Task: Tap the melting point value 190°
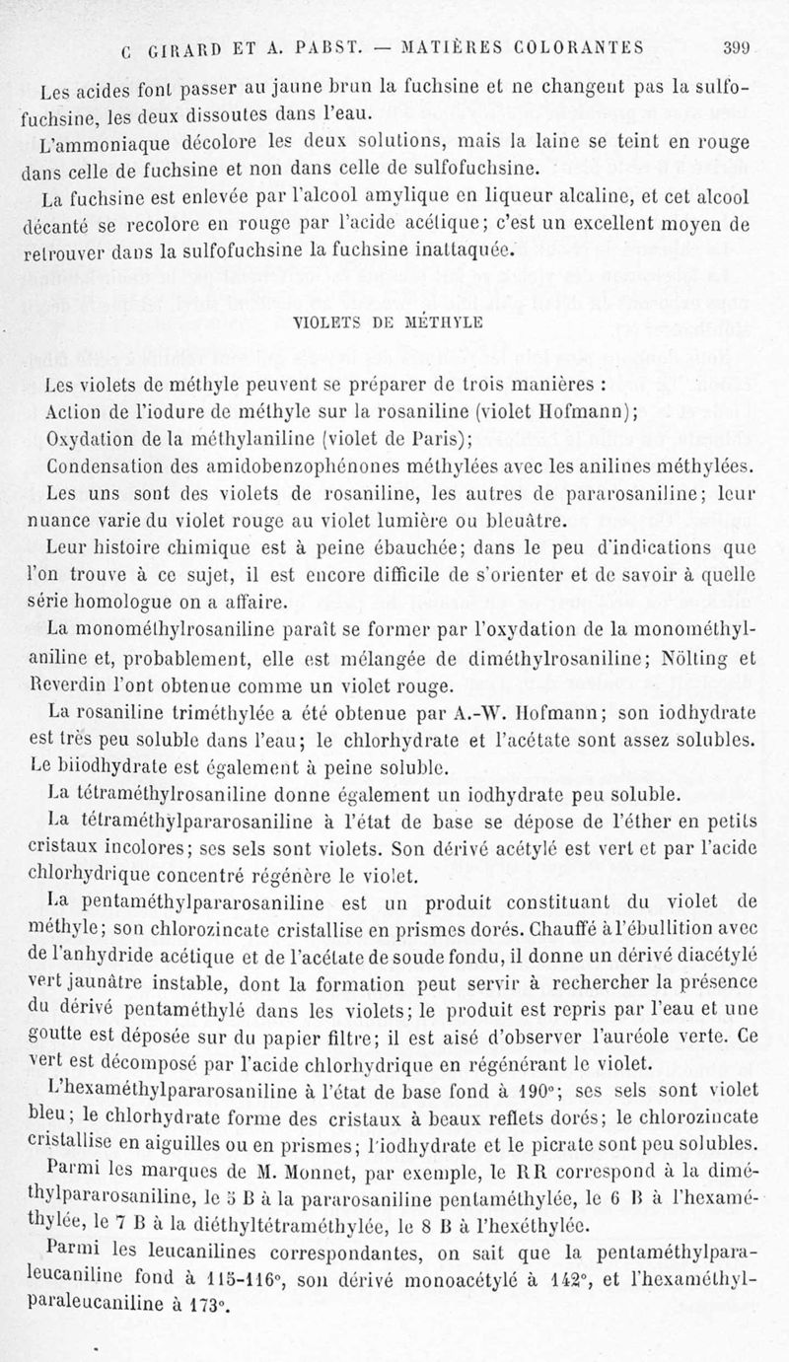(538, 1091)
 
